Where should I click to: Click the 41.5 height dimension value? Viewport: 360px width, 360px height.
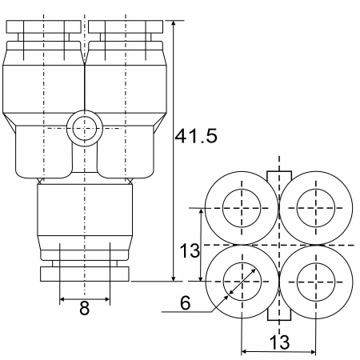(196, 136)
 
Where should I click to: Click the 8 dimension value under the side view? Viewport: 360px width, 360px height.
(85, 308)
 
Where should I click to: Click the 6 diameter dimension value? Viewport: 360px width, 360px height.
(186, 303)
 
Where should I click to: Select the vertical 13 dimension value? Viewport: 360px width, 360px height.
(190, 250)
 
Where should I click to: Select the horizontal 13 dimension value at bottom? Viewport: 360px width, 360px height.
(279, 342)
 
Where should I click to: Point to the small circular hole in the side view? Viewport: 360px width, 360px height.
(84, 128)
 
